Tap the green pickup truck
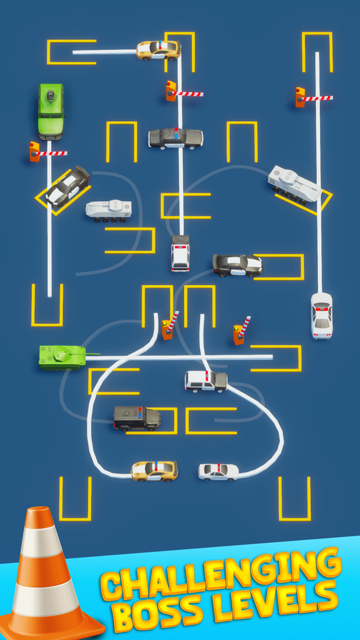click(50, 111)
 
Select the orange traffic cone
click(49, 576)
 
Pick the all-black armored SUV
click(136, 418)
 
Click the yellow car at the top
click(158, 50)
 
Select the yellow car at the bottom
click(154, 470)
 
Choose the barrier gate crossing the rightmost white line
click(314, 97)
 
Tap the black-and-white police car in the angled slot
click(68, 186)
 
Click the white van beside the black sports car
click(180, 253)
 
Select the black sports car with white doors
click(238, 264)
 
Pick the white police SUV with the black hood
click(206, 381)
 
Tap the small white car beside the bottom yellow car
click(219, 471)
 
